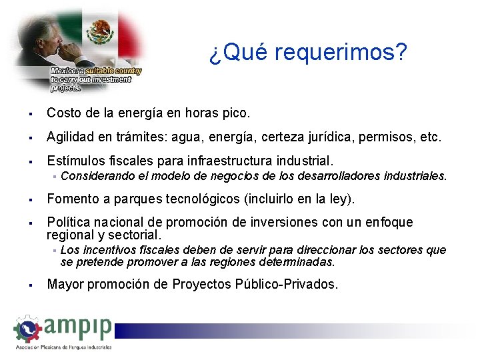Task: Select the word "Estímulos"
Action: click(x=75, y=161)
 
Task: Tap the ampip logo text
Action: click(x=79, y=329)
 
